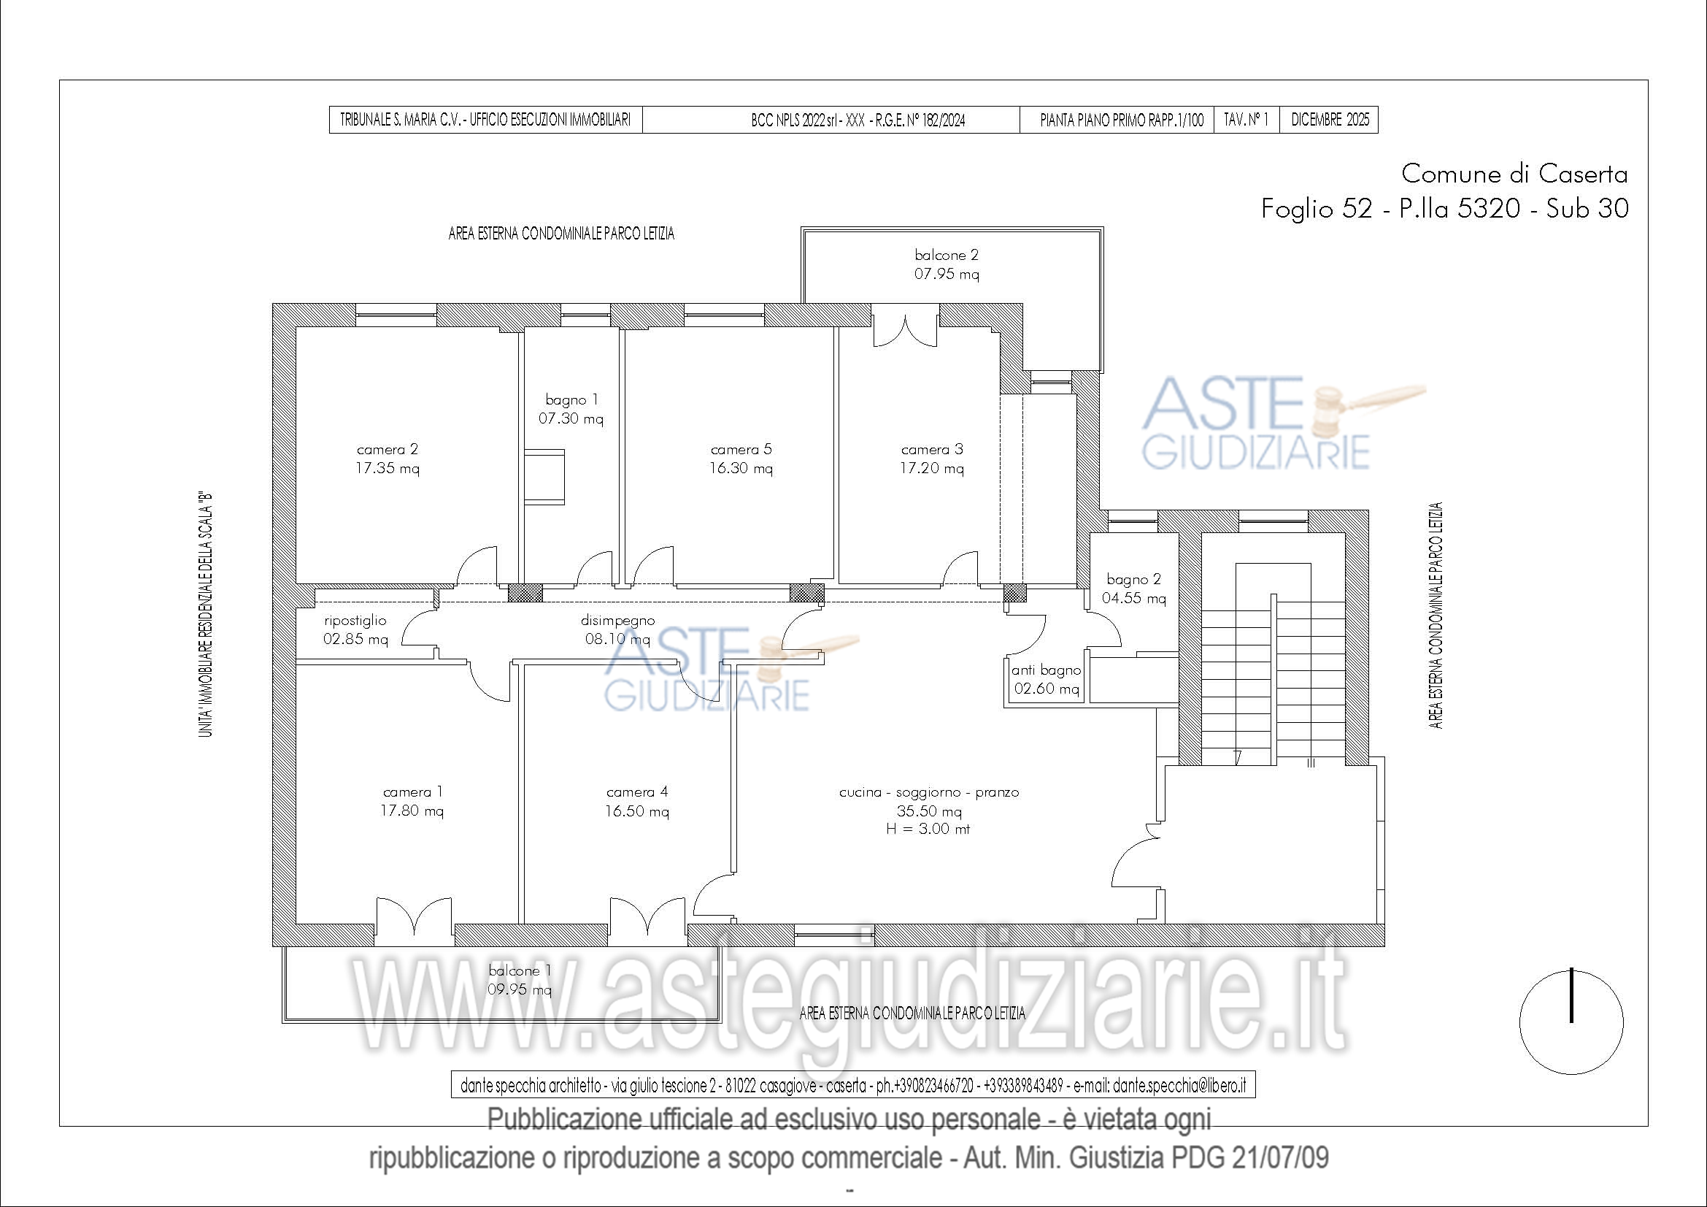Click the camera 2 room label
(388, 449)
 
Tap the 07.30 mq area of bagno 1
(571, 418)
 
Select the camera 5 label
(741, 449)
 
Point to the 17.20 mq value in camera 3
(931, 469)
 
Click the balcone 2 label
(947, 255)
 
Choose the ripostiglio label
(355, 621)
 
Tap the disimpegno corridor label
(618, 621)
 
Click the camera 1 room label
(412, 792)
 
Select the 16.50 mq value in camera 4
(636, 811)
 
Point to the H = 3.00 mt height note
(928, 829)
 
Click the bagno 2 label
(1134, 579)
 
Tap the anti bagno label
(1046, 670)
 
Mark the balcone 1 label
(520, 970)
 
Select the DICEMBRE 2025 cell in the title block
(1329, 120)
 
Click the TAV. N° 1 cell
(1246, 120)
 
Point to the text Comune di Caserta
(1514, 174)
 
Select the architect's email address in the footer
(1180, 1086)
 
